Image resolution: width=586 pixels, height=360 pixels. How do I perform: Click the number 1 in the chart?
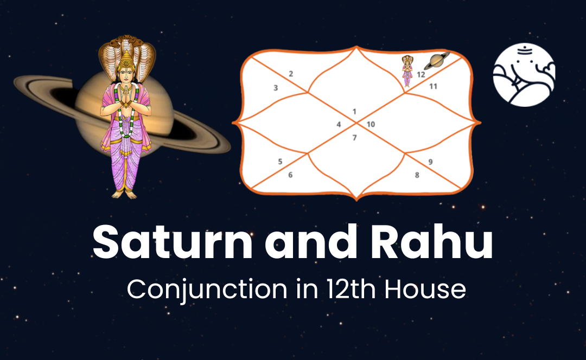354,112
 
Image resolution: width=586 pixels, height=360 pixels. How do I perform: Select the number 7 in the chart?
354,138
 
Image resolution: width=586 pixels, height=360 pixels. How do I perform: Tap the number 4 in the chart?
339,125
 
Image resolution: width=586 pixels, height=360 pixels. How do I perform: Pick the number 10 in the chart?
371,125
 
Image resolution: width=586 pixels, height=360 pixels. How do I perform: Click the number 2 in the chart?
291,74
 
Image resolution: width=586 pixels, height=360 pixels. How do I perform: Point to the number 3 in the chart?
276,87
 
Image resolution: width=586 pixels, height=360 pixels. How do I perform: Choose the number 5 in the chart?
280,162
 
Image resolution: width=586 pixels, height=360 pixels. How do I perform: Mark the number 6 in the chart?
290,175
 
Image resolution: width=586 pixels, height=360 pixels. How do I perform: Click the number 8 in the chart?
417,175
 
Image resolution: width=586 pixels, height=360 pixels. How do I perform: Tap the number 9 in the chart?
430,162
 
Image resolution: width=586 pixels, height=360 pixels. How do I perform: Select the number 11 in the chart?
434,86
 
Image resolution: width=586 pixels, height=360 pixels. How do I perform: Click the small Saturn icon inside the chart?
437,61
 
